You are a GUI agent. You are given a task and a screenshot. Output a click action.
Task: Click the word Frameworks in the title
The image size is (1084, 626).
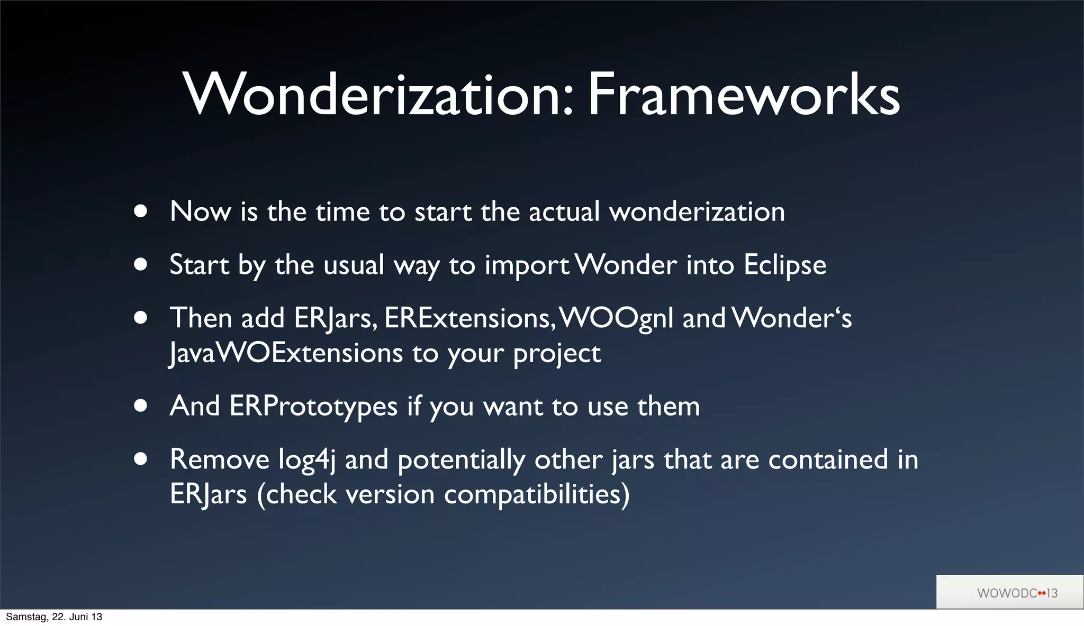coord(744,95)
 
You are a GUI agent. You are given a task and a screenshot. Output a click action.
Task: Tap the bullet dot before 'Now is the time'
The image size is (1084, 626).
coord(140,211)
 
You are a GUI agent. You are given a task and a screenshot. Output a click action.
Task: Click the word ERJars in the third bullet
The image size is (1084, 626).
coord(335,319)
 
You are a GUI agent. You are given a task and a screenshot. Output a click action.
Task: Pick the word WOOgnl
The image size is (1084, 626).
coord(616,319)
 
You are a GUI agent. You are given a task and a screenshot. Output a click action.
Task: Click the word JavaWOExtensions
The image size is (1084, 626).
coord(286,353)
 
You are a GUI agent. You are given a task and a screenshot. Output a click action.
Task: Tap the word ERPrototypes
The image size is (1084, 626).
coord(313,407)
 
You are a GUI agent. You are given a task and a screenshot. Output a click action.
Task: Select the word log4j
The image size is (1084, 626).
coord(306,459)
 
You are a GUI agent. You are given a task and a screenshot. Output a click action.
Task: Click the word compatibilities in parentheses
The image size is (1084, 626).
coord(532,494)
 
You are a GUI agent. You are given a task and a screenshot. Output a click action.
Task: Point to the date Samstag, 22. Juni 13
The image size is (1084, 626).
coord(53,617)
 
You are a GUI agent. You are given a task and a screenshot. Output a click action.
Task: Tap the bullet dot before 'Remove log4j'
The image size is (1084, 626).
coord(140,459)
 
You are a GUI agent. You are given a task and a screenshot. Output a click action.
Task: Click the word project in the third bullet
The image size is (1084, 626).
coord(557,354)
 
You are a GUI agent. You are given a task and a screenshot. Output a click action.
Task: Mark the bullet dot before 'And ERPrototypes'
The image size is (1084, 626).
coord(140,406)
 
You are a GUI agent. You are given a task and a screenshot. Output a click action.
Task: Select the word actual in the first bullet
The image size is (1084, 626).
coord(564,211)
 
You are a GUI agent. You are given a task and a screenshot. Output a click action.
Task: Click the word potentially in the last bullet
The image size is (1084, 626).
coord(461,459)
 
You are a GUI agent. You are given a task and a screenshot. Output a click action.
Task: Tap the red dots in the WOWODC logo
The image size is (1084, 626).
coord(1042,593)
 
